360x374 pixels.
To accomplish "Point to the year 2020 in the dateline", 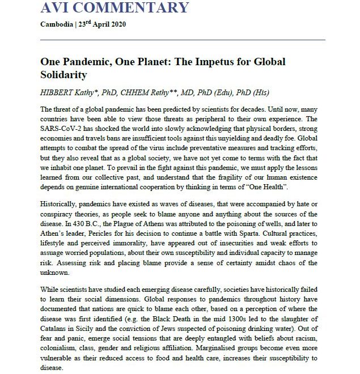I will click(117, 25).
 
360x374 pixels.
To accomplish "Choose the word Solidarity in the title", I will click(65, 75).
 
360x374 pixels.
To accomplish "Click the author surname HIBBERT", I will click(57, 93).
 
